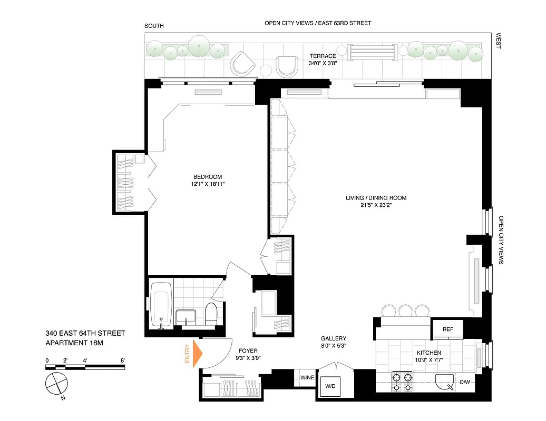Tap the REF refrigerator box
click(447, 329)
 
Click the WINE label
click(307, 377)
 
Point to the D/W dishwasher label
click(465, 383)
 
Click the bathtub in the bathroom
click(161, 305)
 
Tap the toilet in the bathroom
click(211, 314)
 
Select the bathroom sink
click(186, 317)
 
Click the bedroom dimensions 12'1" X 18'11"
click(207, 184)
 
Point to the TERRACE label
click(323, 56)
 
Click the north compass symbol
click(56, 384)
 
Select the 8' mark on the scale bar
click(122, 360)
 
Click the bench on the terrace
click(372, 53)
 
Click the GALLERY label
click(333, 338)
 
